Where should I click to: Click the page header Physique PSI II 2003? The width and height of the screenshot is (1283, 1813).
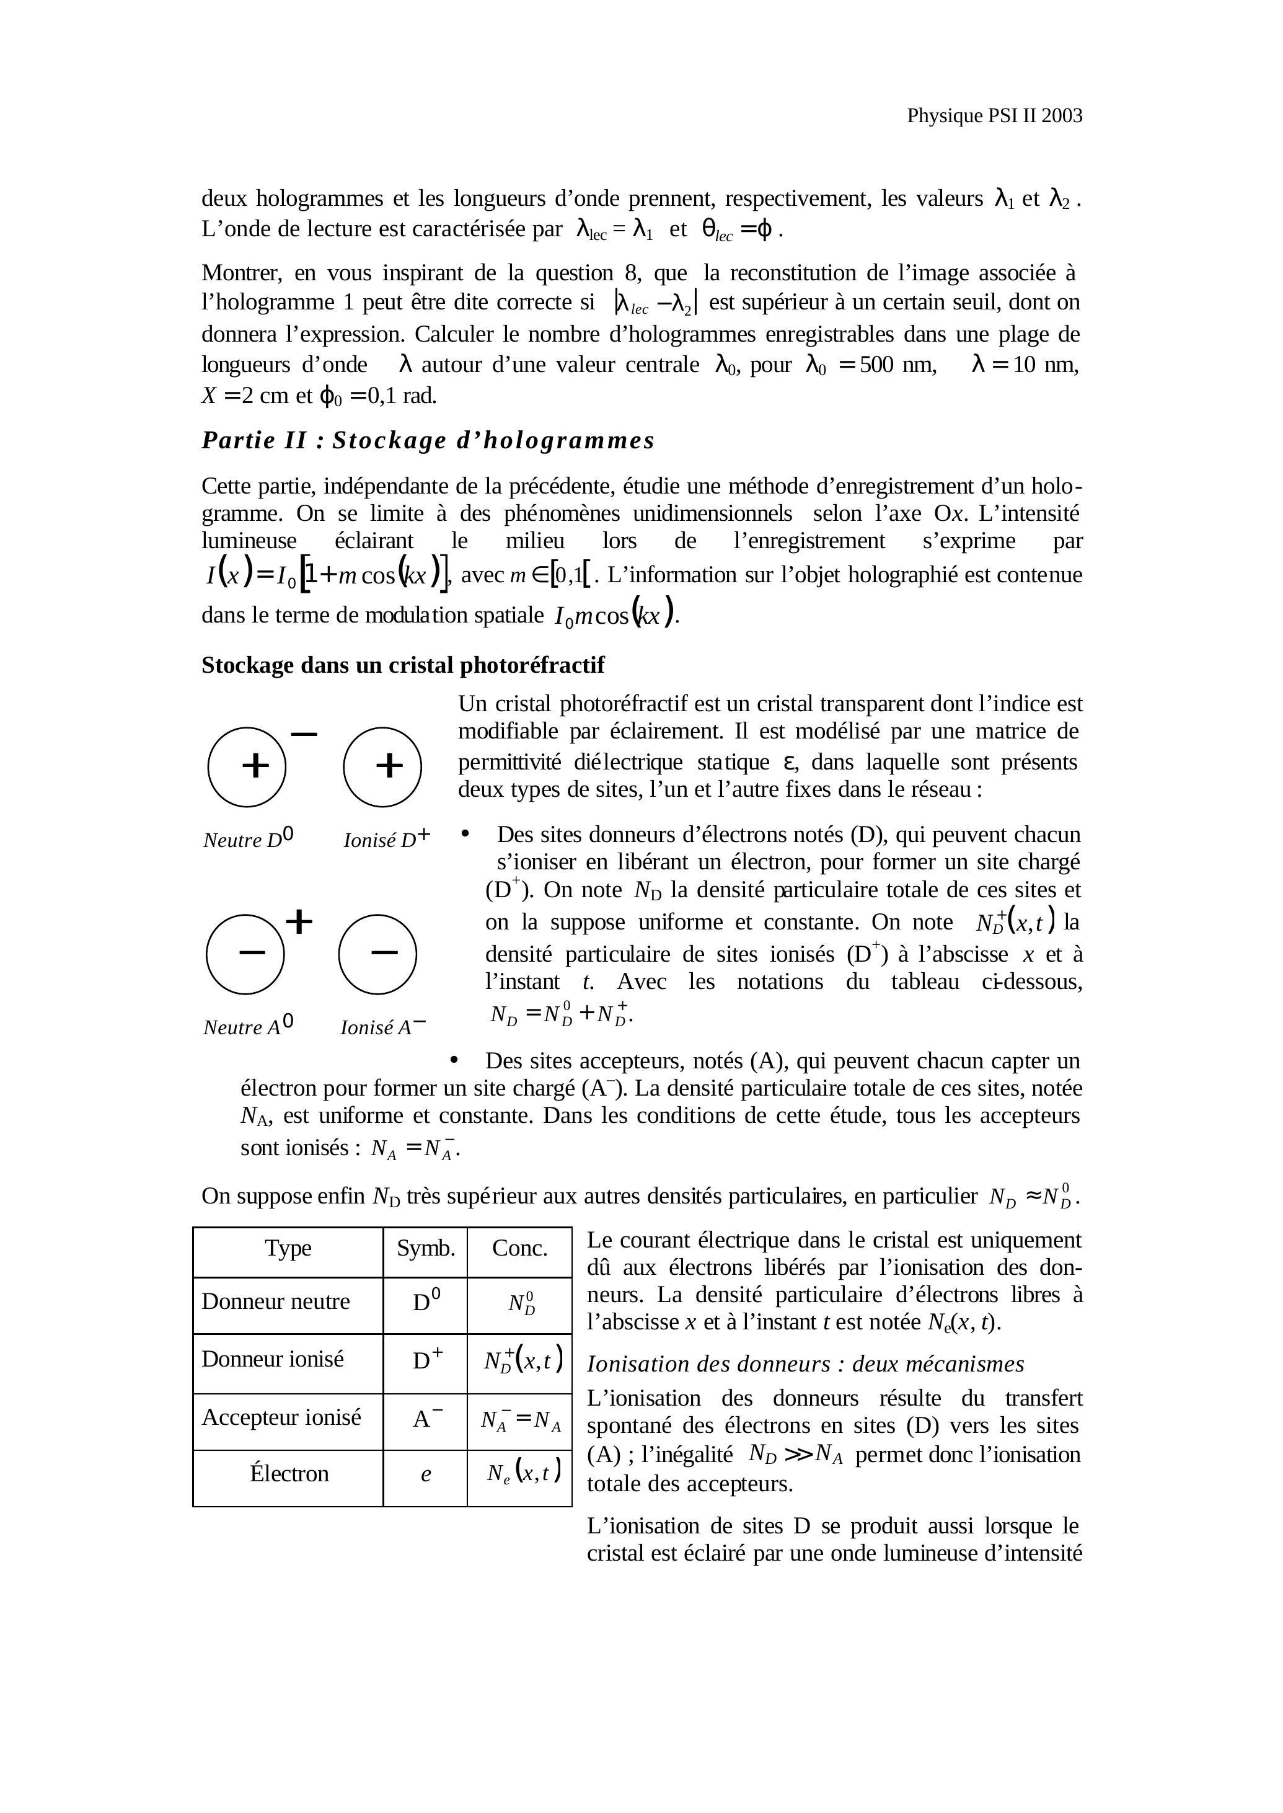(x=994, y=116)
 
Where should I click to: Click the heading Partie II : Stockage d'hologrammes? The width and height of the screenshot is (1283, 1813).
(x=428, y=440)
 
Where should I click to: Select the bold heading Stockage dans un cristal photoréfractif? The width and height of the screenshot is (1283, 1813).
(x=402, y=665)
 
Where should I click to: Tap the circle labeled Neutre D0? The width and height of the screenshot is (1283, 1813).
(x=247, y=766)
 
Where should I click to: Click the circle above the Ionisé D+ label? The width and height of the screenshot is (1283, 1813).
(x=382, y=766)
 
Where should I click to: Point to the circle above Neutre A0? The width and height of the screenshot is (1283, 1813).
(x=245, y=954)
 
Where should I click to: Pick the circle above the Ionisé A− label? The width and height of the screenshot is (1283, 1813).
(x=377, y=954)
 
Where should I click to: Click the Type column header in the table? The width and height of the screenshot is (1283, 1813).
(x=288, y=1248)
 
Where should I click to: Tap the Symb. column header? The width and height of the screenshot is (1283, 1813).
(x=426, y=1248)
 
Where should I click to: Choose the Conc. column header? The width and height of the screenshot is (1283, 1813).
(x=519, y=1248)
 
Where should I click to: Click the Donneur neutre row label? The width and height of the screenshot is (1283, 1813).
(x=276, y=1301)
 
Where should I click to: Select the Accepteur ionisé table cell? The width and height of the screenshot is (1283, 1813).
(x=281, y=1417)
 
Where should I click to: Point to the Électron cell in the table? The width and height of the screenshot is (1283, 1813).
(x=289, y=1473)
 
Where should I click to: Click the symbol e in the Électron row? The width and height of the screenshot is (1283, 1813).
(x=426, y=1474)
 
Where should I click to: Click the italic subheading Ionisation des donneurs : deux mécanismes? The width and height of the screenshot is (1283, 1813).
(x=805, y=1364)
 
